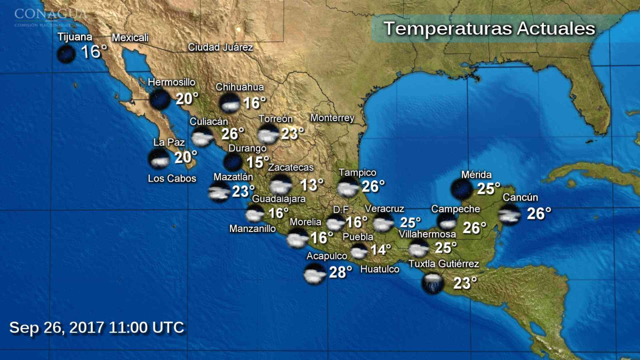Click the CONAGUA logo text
pyautogui.click(x=51, y=13)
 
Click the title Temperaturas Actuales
pyautogui.click(x=489, y=29)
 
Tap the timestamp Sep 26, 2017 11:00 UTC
pyautogui.click(x=97, y=327)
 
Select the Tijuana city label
pyautogui.click(x=75, y=37)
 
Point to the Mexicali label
pyautogui.click(x=130, y=37)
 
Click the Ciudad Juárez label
pyautogui.click(x=220, y=47)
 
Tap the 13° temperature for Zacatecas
pyautogui.click(x=312, y=185)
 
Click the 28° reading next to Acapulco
pyautogui.click(x=340, y=273)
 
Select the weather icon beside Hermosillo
pyautogui.click(x=159, y=100)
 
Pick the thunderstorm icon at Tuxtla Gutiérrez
pyautogui.click(x=432, y=283)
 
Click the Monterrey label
pyautogui.click(x=332, y=118)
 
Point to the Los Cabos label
pyautogui.click(x=172, y=179)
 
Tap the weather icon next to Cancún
pyautogui.click(x=509, y=214)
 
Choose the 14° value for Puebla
pyautogui.click(x=381, y=250)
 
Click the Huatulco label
pyautogui.click(x=380, y=269)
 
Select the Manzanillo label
pyautogui.click(x=252, y=229)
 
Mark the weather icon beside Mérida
pyautogui.click(x=461, y=189)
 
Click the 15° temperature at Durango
pyautogui.click(x=258, y=162)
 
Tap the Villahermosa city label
pyautogui.click(x=427, y=234)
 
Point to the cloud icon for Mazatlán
pyautogui.click(x=219, y=192)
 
